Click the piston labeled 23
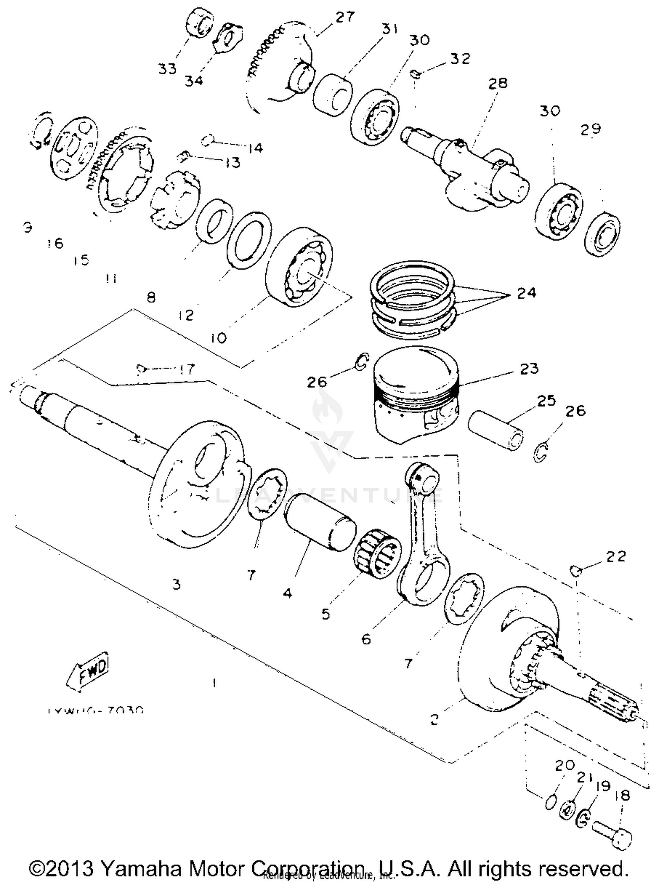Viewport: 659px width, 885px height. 416,396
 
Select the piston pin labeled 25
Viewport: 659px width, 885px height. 496,430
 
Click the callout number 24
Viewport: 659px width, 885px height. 526,293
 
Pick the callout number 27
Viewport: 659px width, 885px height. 345,18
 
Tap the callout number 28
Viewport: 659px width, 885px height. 498,83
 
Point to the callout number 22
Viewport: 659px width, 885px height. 616,557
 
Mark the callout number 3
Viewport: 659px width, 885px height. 176,584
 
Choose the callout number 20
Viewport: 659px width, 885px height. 565,765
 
